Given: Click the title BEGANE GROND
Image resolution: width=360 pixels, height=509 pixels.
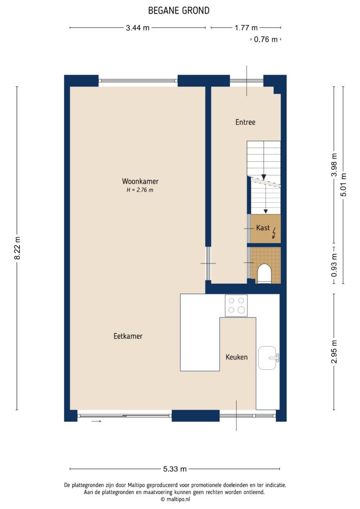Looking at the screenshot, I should tap(179, 10).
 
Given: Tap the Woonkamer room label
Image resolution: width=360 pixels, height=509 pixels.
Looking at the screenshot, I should tap(139, 181).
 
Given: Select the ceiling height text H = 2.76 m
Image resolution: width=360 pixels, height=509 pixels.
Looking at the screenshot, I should tap(139, 190).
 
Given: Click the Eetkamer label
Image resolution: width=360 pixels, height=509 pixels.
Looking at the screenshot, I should tap(128, 337).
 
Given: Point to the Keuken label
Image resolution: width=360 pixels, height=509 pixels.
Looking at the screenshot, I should tap(237, 357).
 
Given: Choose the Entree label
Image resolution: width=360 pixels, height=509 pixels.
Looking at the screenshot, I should tap(245, 122).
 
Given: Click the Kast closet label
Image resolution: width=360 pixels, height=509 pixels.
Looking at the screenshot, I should tap(263, 228).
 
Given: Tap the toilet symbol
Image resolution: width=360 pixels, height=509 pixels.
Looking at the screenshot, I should tap(265, 273).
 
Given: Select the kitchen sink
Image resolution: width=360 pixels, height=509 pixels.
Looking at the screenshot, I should tap(269, 358).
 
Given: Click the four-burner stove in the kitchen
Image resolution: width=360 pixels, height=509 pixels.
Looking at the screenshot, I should tap(236, 305).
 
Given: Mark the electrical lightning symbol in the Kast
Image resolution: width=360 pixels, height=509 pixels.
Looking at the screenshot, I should tap(274, 233).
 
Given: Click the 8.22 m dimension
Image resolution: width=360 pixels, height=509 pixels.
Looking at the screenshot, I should tap(17, 248).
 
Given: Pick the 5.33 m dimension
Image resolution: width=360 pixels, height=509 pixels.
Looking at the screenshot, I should tap(175, 469).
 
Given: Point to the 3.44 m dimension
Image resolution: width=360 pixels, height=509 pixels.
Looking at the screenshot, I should tap(138, 28).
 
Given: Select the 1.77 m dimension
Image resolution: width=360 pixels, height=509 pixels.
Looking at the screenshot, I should tap(246, 28).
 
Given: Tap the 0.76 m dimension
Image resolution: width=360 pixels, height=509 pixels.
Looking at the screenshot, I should tap(266, 39).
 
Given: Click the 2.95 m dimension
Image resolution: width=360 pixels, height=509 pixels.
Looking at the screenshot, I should tap(334, 351).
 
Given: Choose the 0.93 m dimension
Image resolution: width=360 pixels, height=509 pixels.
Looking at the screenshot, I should tap(334, 265).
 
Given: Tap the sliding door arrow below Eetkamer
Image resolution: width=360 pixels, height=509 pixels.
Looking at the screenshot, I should tap(96, 422).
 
